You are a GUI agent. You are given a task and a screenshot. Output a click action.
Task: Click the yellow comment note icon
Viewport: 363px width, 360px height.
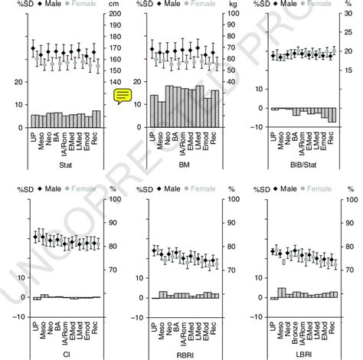[123, 95]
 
